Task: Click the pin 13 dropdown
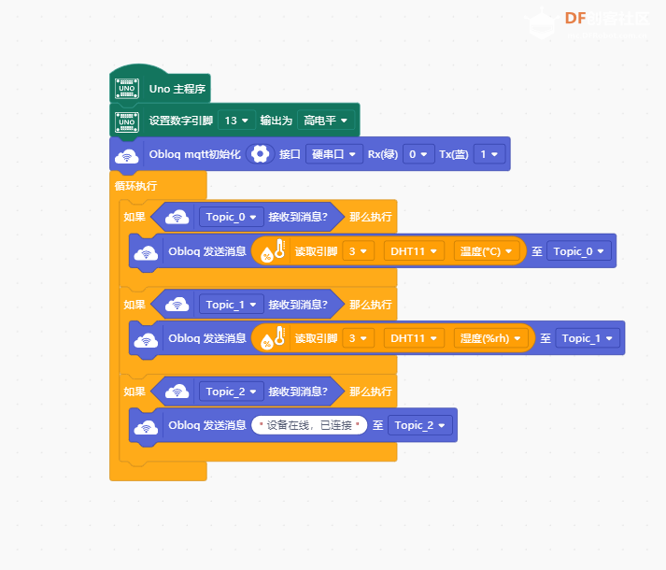coord(236,121)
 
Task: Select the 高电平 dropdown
coord(325,121)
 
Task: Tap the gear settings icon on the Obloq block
coord(260,154)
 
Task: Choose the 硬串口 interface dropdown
coord(333,154)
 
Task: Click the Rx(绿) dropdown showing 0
coord(418,154)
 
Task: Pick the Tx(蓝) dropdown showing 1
coord(489,154)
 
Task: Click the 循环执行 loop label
coord(136,186)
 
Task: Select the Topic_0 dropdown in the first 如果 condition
coord(231,217)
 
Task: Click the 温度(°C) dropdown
coord(486,251)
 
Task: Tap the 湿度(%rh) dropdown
coord(490,338)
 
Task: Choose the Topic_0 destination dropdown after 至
coord(579,251)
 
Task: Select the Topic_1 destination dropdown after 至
coord(588,338)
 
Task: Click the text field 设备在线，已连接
coord(309,425)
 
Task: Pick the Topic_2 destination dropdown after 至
coord(419,425)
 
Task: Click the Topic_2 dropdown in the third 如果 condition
coord(231,392)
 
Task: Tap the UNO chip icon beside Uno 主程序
coord(127,89)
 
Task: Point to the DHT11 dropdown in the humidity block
coord(414,338)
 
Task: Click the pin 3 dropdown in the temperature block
coord(358,251)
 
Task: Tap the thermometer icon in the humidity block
coord(279,335)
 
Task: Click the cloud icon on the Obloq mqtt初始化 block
coord(127,156)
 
